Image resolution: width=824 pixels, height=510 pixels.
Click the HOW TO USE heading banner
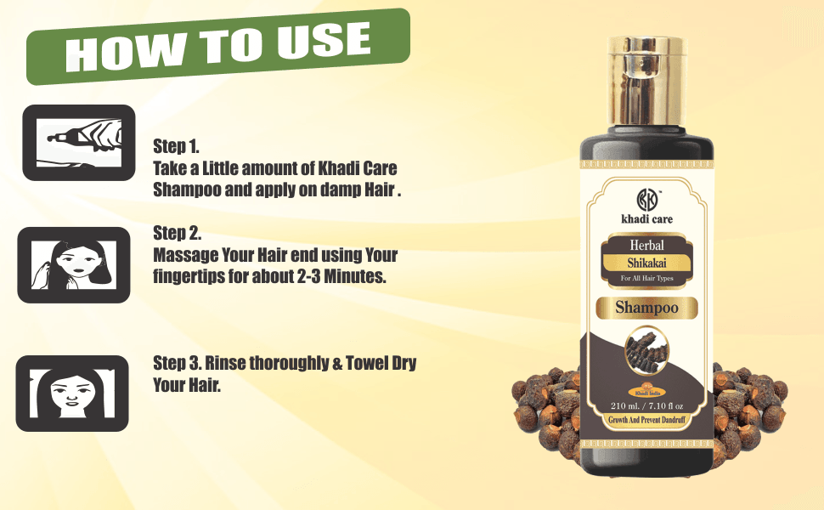coord(219,46)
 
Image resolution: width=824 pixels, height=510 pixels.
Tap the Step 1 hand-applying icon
coord(78,142)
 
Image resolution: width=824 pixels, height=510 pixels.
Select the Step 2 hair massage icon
coord(74,264)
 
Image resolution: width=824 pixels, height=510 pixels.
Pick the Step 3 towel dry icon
coord(71,393)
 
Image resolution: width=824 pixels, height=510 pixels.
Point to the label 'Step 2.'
coord(177,232)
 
